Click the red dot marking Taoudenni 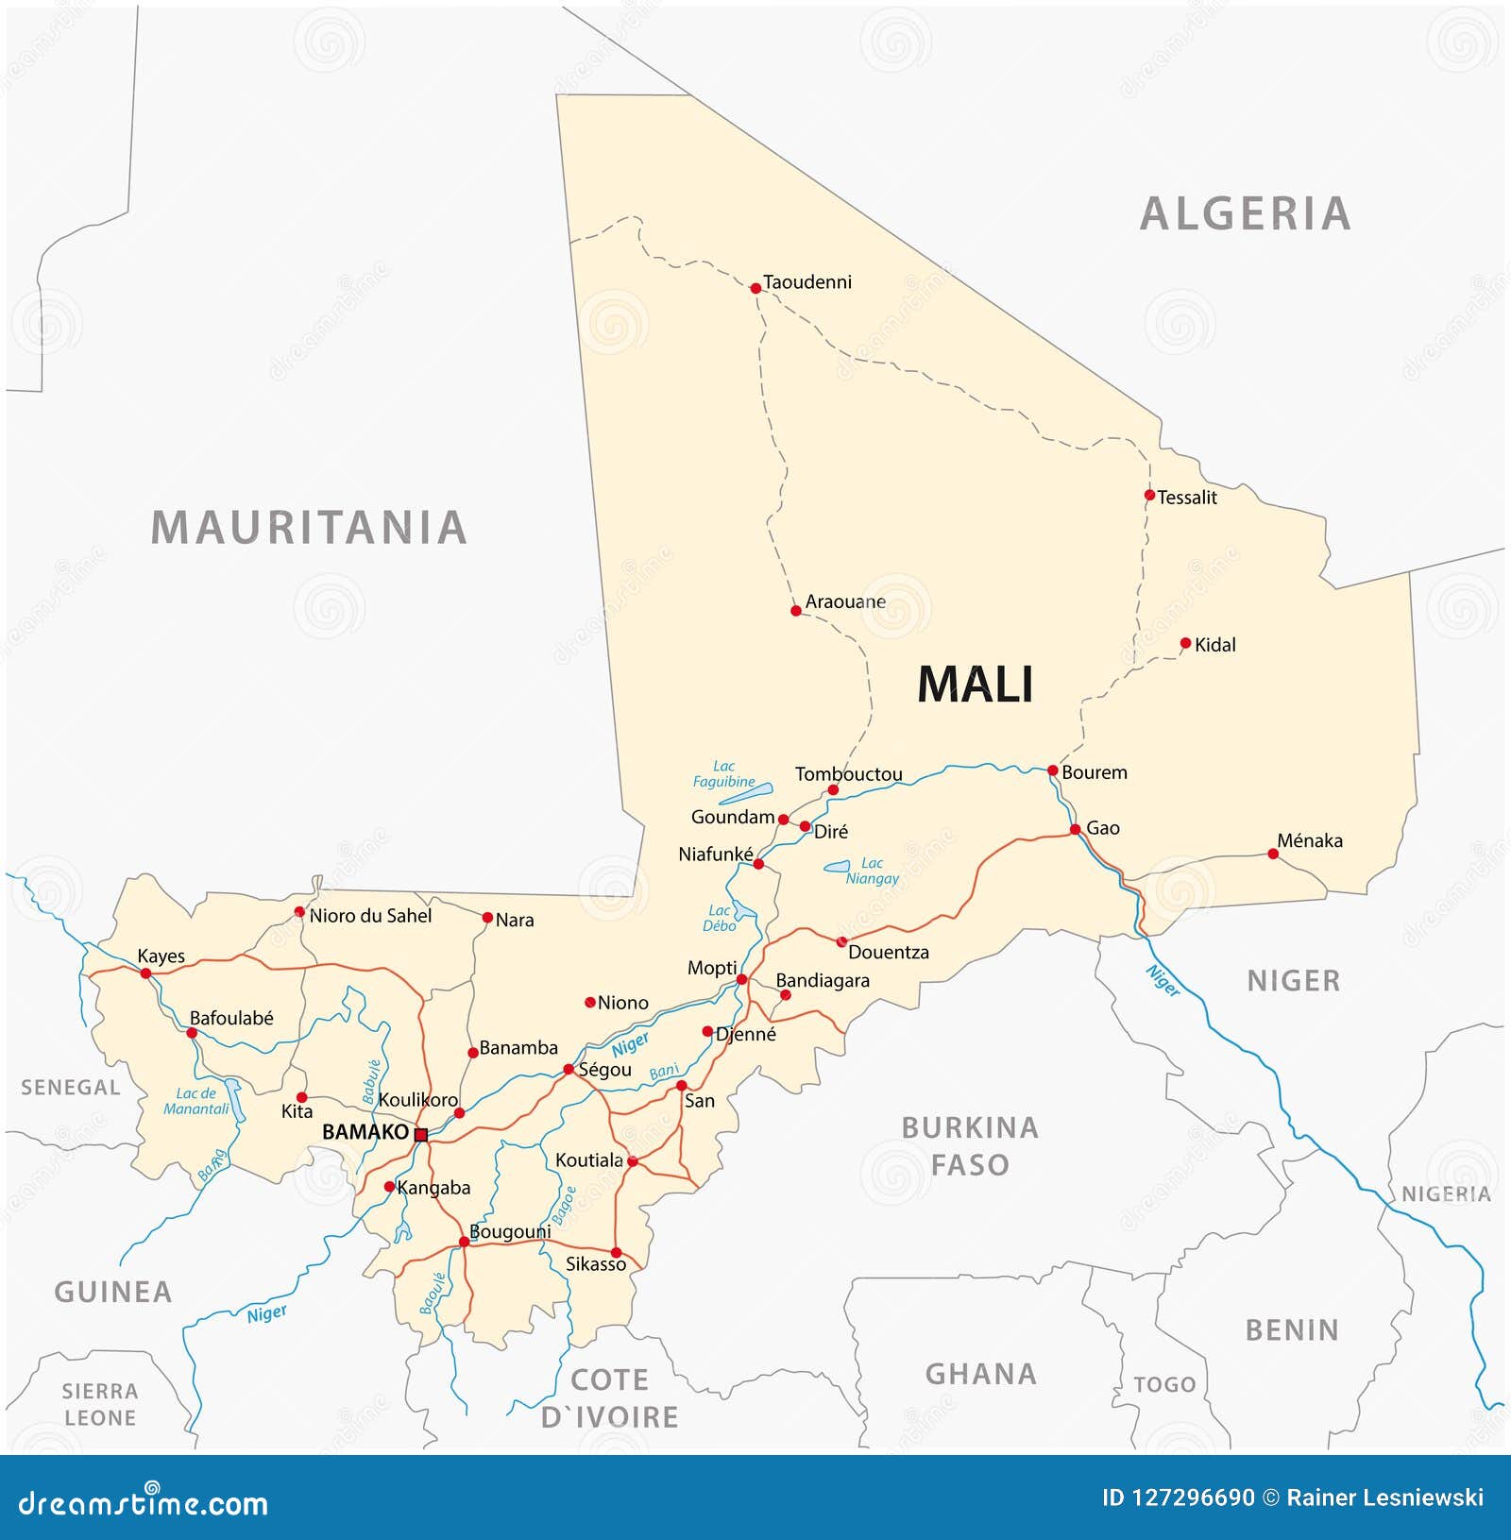coord(755,288)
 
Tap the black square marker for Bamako coord(421,1134)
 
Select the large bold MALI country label coord(976,685)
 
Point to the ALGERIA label coord(1246,213)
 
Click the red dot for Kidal coord(1185,643)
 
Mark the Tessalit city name coord(1187,498)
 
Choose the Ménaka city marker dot coord(1273,854)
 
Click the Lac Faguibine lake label coord(724,774)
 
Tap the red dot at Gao coord(1075,829)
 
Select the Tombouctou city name coord(848,774)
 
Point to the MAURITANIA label coord(309,527)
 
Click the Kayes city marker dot coord(145,973)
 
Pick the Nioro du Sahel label coord(370,915)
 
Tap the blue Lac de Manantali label coord(196,1101)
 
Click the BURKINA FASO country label coord(970,1145)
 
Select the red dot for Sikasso coord(616,1252)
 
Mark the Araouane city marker coord(795,611)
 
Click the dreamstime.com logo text coord(144,1502)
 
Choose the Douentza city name coord(888,953)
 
